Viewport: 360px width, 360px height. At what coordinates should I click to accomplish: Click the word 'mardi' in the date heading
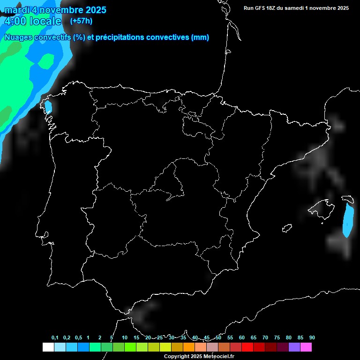click(x=16, y=10)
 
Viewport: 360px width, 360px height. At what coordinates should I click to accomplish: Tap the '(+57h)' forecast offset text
click(x=81, y=21)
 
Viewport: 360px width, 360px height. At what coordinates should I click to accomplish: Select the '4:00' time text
click(x=15, y=21)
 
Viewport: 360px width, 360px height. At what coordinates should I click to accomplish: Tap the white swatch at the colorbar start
click(x=48, y=347)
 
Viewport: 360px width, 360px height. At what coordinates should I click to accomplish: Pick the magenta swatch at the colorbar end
click(x=306, y=347)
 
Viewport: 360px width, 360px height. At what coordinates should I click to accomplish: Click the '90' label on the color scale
click(x=312, y=337)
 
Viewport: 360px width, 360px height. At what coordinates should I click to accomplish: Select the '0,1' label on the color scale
click(x=55, y=337)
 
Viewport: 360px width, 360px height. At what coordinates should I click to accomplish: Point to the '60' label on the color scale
click(x=242, y=337)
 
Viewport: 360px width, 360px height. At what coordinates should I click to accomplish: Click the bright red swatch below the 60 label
click(x=247, y=347)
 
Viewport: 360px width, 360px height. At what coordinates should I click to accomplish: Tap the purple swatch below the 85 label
click(x=294, y=347)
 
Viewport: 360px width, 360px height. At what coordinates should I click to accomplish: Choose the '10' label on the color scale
click(x=124, y=337)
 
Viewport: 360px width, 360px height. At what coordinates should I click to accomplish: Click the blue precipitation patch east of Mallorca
click(x=347, y=219)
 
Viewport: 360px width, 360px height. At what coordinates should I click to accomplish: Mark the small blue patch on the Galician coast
click(x=48, y=107)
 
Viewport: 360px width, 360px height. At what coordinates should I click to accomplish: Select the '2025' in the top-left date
click(x=96, y=10)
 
